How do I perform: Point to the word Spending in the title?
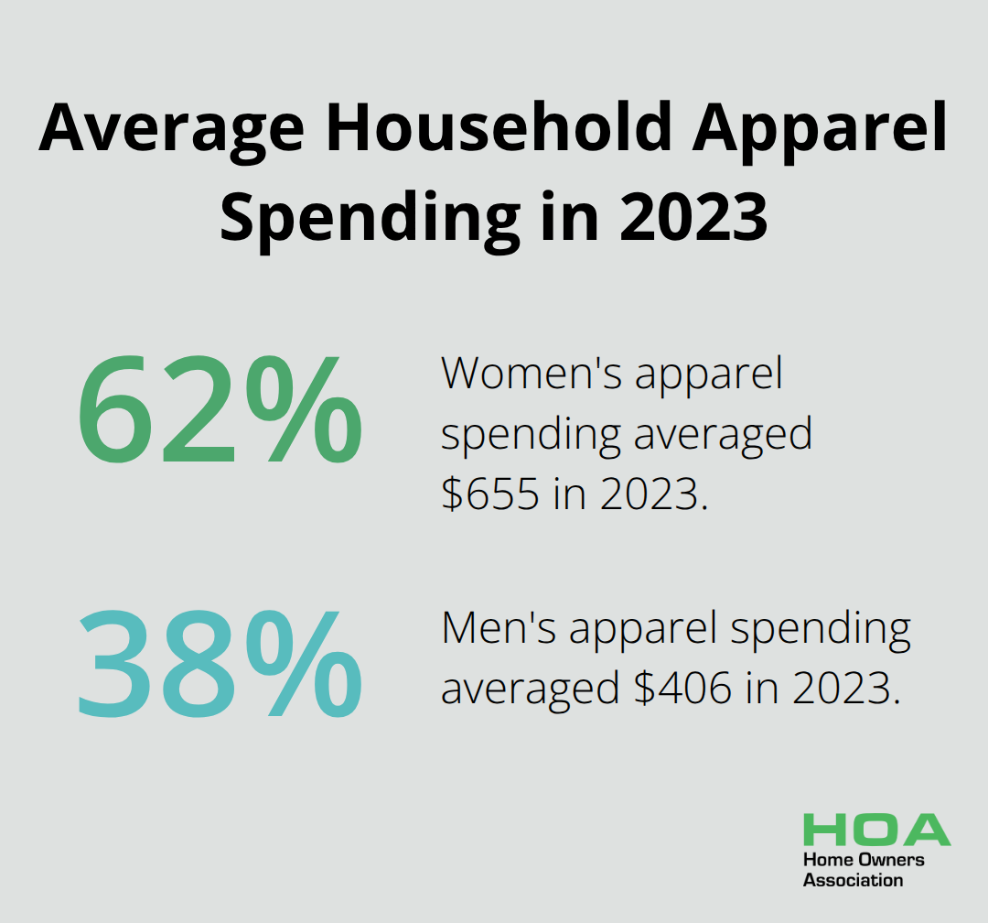(370, 218)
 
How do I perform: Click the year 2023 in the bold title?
(693, 216)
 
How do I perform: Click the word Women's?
(532, 374)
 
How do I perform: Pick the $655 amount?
(490, 494)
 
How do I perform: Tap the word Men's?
(499, 628)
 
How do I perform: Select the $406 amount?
(683, 687)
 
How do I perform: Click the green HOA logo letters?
(876, 830)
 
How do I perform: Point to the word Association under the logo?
(853, 880)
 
